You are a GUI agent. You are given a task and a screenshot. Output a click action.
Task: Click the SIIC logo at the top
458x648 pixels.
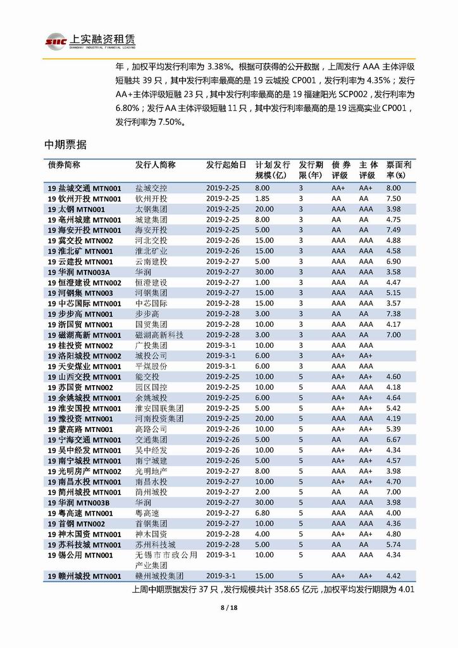(x=56, y=40)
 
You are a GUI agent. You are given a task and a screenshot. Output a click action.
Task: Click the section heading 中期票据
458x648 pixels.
(x=65, y=144)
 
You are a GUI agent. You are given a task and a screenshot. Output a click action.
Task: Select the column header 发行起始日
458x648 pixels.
(x=226, y=165)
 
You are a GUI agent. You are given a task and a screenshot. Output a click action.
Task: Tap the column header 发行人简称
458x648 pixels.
(x=155, y=165)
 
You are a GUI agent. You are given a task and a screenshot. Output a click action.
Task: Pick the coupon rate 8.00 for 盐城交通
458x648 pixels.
(x=393, y=188)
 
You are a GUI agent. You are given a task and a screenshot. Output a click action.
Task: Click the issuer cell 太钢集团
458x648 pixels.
(x=151, y=209)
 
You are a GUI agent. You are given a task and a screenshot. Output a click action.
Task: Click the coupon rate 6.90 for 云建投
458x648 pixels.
(x=393, y=262)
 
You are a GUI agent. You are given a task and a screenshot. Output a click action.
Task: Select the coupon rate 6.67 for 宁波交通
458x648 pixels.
(x=393, y=440)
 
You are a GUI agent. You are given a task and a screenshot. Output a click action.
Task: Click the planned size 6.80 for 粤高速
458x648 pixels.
(x=262, y=513)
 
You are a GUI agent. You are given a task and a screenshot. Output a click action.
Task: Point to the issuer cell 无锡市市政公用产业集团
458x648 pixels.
(x=166, y=559)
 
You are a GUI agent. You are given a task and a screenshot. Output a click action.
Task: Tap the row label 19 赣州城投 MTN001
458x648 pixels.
(x=84, y=576)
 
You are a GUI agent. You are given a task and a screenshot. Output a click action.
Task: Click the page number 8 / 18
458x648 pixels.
(x=228, y=608)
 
